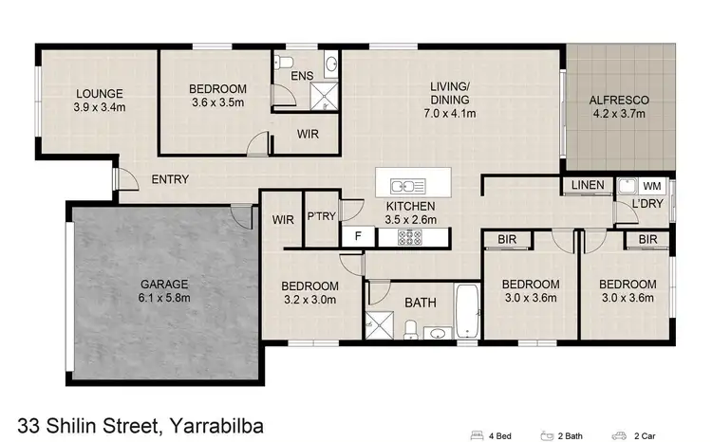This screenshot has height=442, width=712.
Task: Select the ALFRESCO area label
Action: point(618,100)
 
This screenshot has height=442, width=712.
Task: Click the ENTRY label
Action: point(170,179)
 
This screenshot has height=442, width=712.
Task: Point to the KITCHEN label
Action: point(410,206)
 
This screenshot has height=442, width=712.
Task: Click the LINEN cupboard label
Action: point(588,185)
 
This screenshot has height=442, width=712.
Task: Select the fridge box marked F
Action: point(357,233)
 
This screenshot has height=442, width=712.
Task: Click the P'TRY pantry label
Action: point(320,217)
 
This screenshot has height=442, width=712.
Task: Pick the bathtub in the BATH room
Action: point(466,309)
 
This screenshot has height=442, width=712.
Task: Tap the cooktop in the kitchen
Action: point(413,236)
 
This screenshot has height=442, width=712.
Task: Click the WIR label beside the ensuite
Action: point(307,135)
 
